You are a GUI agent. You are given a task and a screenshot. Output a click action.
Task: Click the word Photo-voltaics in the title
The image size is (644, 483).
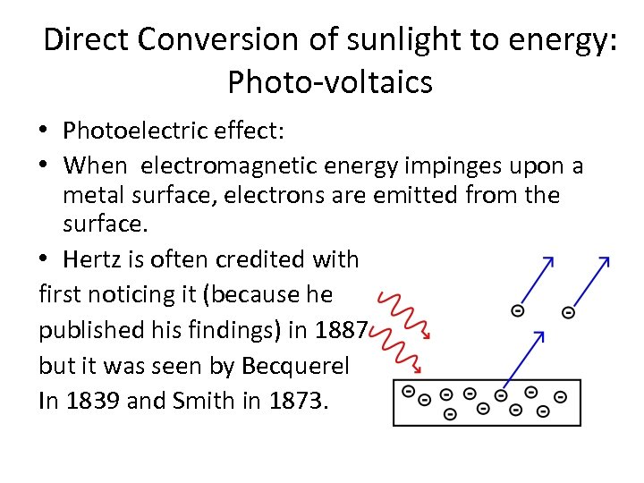(330, 82)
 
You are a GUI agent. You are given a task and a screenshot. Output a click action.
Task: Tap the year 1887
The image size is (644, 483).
(341, 330)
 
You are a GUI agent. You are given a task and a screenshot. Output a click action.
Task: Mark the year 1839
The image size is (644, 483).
(92, 401)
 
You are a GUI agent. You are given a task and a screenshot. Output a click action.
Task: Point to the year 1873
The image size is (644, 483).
(298, 401)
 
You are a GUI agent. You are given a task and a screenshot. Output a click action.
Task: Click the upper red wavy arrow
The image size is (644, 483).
(402, 314)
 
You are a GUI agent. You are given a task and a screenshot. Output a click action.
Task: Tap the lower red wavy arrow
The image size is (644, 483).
(393, 351)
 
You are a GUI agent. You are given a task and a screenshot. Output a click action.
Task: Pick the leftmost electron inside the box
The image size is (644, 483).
(408, 392)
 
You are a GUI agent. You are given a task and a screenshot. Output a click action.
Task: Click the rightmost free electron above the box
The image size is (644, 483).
(567, 312)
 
